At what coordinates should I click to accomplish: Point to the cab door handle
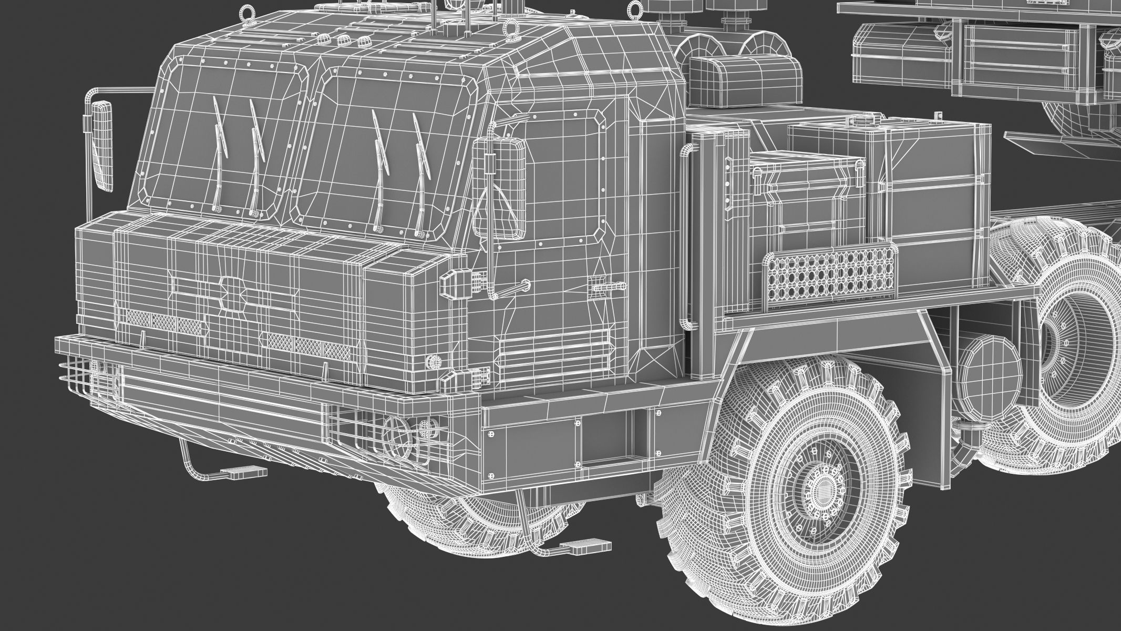click(x=512, y=289)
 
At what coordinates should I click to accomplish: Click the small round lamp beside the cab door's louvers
click(x=434, y=362)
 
